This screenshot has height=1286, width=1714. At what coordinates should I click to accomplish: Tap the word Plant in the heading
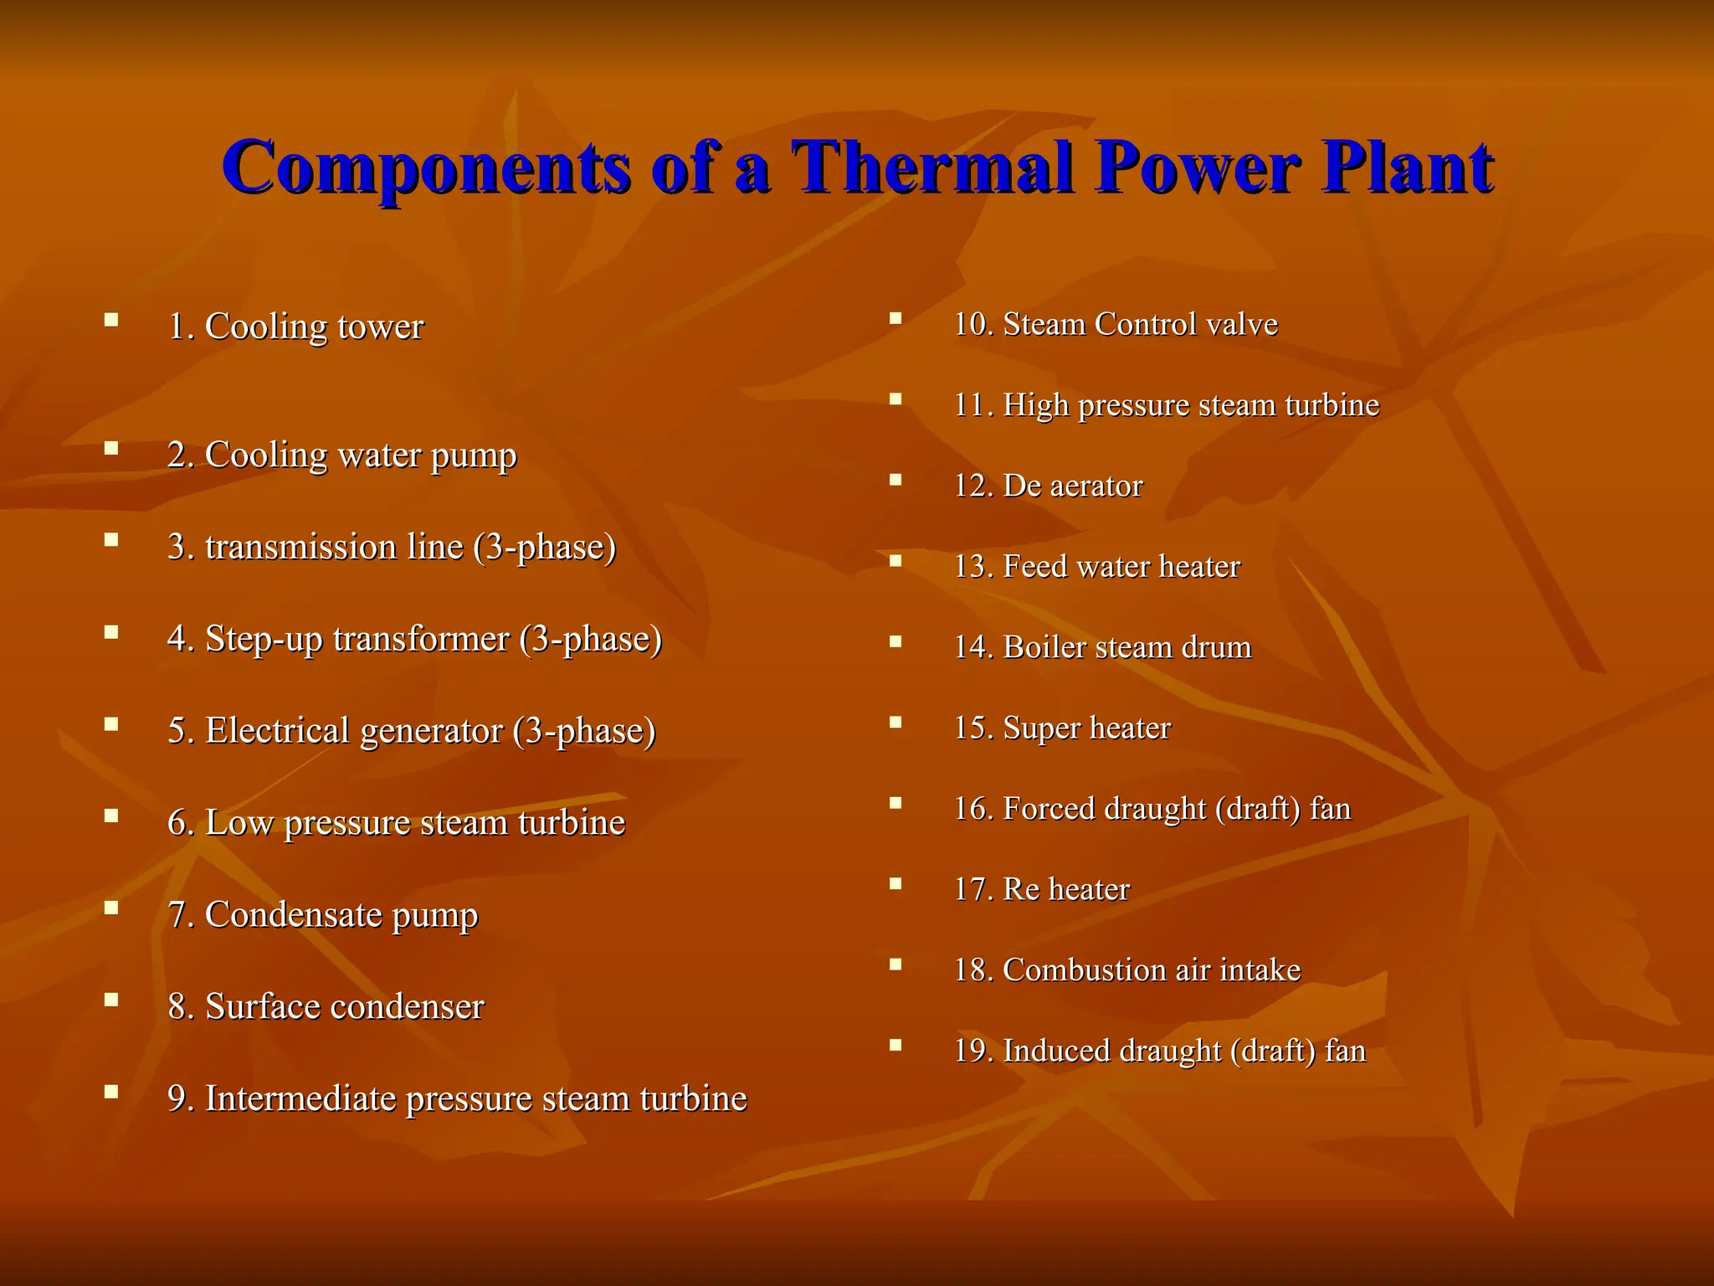pyautogui.click(x=1407, y=167)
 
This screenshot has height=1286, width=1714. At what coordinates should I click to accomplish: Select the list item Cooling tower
pyautogui.click(x=295, y=327)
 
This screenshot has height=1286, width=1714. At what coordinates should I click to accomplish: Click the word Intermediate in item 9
pyautogui.click(x=300, y=1098)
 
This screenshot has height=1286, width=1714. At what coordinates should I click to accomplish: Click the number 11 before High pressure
pyautogui.click(x=972, y=405)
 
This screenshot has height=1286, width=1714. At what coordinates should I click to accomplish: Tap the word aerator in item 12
pyautogui.click(x=1095, y=486)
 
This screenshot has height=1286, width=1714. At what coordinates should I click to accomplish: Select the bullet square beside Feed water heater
pyautogui.click(x=895, y=561)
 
